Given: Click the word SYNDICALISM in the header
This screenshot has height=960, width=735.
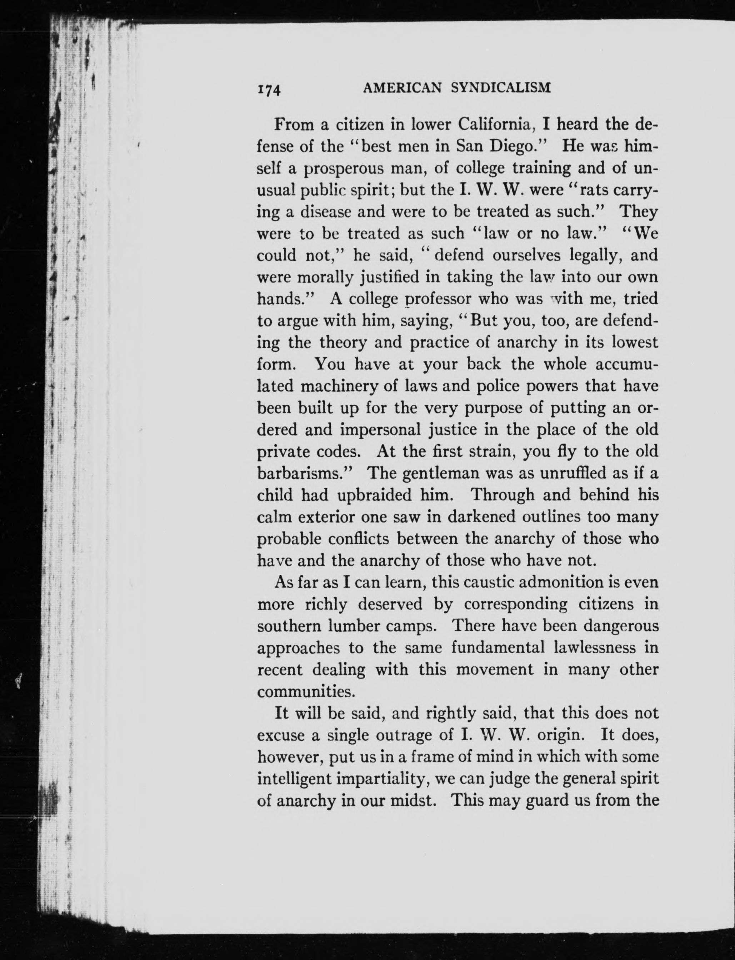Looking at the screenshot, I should click(500, 88).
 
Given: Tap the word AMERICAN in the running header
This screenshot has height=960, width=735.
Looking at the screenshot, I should click(402, 88).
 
